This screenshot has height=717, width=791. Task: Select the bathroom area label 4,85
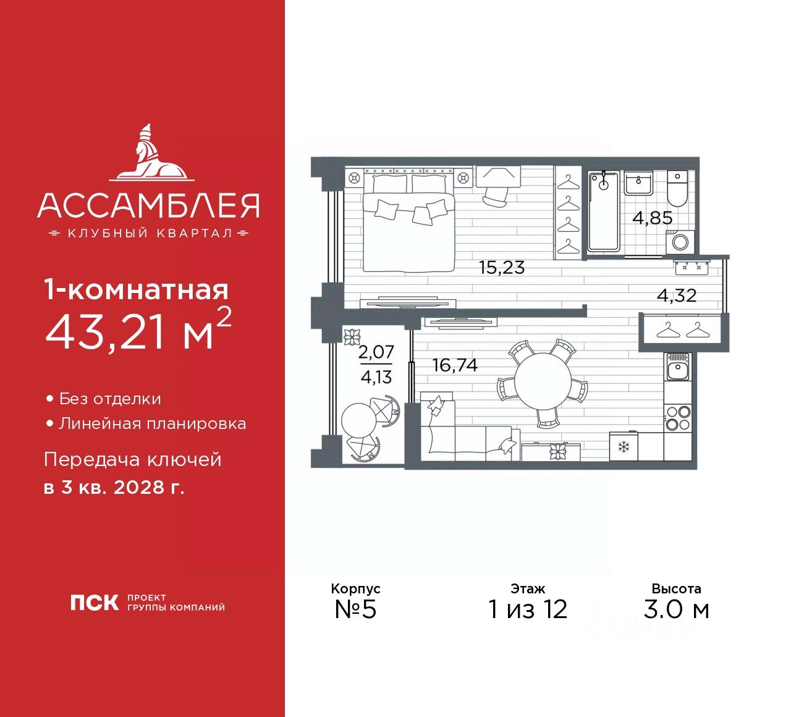point(652,218)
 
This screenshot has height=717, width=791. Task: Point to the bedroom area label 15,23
point(501,268)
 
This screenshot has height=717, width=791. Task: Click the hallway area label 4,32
point(677,295)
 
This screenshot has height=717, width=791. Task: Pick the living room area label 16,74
point(455,365)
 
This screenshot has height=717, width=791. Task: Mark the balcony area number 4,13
point(376,377)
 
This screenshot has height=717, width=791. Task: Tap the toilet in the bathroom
point(677,189)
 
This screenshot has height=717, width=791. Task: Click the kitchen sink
point(678,369)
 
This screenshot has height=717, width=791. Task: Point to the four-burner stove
point(678,418)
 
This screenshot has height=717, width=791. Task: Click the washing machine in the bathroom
point(680,241)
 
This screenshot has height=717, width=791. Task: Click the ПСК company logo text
point(94,603)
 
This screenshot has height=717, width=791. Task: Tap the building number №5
point(355,609)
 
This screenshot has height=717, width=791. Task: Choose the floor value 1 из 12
point(528,609)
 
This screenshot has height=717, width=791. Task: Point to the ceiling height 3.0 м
point(676,609)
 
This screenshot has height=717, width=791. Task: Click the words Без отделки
point(110,399)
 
